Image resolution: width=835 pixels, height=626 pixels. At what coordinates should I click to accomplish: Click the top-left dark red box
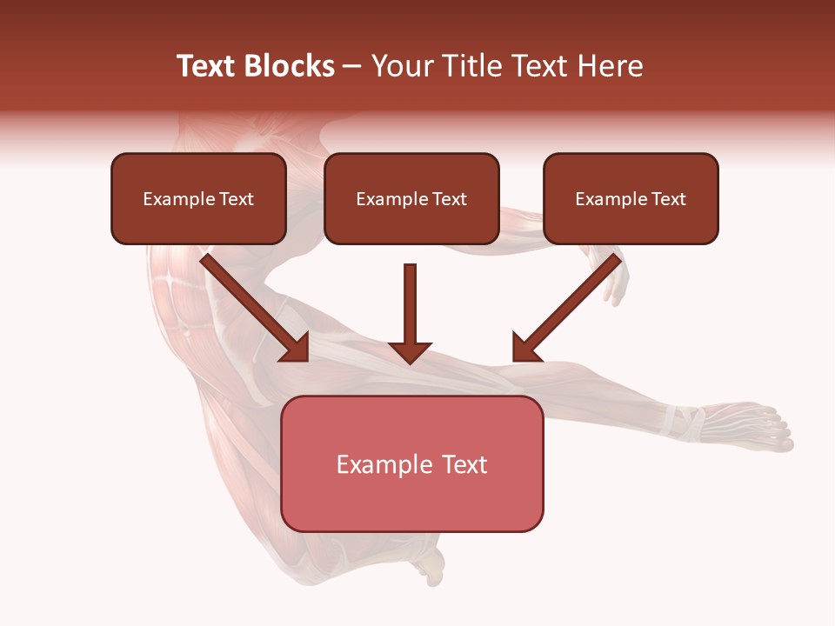(198, 198)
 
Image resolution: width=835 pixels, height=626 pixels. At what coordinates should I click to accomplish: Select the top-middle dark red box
(411, 198)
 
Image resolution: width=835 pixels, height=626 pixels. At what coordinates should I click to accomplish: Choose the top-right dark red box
(631, 198)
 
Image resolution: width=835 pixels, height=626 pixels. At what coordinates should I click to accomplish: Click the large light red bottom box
(411, 463)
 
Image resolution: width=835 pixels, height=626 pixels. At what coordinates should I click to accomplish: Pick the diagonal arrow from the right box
(569, 306)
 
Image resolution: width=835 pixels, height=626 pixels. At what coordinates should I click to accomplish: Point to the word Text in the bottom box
(464, 464)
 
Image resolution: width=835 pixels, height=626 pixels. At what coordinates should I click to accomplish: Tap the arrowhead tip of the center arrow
(410, 361)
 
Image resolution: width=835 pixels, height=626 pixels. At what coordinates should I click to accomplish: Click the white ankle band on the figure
(683, 421)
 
